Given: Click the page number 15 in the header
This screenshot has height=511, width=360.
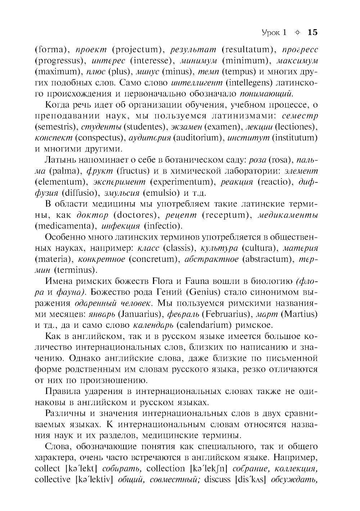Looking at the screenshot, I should point(312,32).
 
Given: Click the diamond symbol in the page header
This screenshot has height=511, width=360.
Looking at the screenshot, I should point(297,33).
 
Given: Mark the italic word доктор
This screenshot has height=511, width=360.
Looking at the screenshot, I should point(93,215).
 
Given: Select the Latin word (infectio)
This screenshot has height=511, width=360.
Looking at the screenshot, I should point(163,226).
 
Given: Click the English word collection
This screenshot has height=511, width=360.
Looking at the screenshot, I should point(166,468).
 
